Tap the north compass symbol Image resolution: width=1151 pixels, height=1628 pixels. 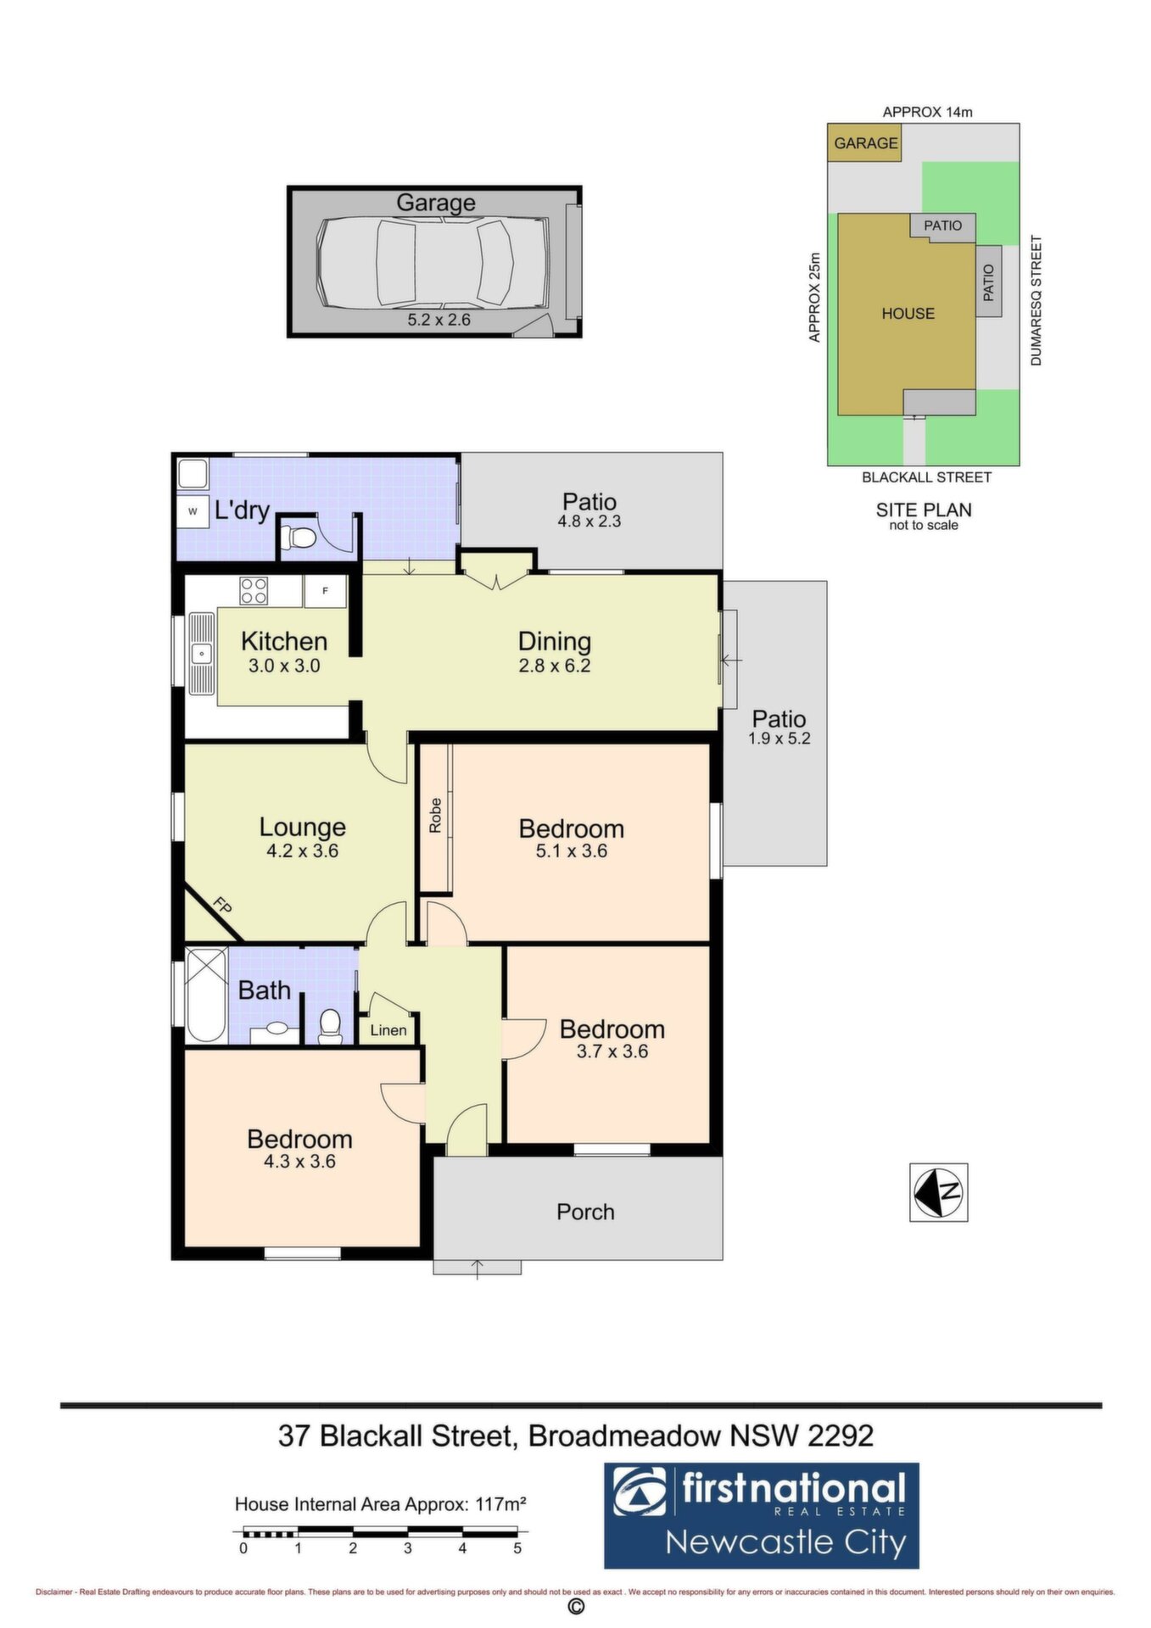tap(938, 1192)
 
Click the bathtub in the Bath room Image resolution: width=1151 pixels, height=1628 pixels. tap(206, 995)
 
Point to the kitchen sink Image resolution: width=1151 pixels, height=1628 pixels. tap(202, 654)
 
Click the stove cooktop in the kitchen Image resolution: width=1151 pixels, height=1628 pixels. tap(254, 590)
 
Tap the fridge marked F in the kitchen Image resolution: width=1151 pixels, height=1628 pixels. tap(325, 591)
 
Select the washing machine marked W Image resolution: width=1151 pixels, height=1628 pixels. tap(193, 511)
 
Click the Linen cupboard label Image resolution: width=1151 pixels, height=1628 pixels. tap(388, 1030)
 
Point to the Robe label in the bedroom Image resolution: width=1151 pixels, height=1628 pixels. tap(435, 816)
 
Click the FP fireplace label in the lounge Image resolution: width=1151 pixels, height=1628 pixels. tap(221, 906)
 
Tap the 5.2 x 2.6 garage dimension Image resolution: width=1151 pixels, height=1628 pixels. tap(439, 321)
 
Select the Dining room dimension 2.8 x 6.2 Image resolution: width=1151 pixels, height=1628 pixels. tap(555, 666)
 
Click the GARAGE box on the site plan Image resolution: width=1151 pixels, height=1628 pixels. tap(864, 142)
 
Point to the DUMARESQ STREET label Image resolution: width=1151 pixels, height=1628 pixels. tap(1036, 301)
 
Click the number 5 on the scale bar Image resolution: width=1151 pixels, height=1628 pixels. tap(517, 1548)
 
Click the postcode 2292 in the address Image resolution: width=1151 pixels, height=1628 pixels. tap(841, 1436)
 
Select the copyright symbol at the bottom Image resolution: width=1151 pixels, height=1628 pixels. tap(576, 1607)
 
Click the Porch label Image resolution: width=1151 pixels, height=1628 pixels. tap(585, 1212)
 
